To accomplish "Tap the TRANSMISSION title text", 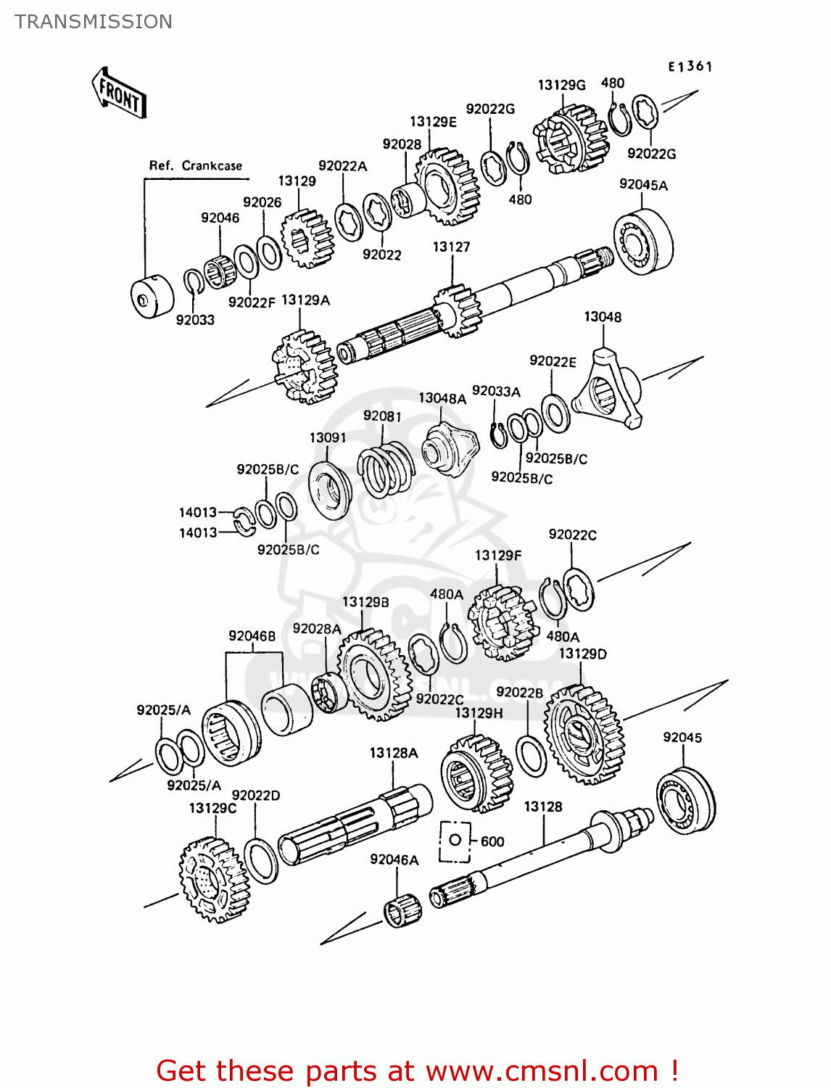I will coord(94,22).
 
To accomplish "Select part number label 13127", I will coord(451,247).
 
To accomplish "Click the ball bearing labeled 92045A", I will coord(643,242).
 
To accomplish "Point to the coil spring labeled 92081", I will coord(386,471).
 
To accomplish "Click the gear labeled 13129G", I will coord(571,139).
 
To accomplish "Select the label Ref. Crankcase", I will coord(195,165).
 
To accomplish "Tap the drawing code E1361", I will coord(690,67).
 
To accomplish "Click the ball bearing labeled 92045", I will coord(685,800).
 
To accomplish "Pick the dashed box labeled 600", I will coord(455,841).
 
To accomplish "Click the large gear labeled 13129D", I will coord(584,734).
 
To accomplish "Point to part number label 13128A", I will coord(393,753).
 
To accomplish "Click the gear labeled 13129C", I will coord(214,880).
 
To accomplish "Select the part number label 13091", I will coord(327,437).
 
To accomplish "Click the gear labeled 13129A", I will coord(305,366).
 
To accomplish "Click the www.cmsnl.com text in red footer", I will coord(542,1071).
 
